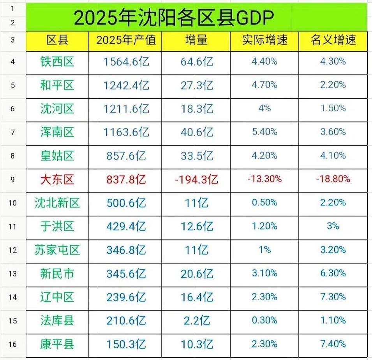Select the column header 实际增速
(264, 40)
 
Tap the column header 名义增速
(333, 40)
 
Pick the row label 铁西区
(57, 61)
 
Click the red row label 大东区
(57, 179)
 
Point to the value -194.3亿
(196, 179)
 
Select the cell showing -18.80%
(333, 179)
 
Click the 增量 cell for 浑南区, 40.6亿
(196, 132)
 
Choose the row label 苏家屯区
(57, 250)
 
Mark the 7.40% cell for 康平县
(333, 344)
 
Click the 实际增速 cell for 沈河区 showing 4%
(264, 109)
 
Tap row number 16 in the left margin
(12, 344)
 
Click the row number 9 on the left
(12, 179)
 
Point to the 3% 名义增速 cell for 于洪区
(333, 226)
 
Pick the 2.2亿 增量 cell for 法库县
(196, 320)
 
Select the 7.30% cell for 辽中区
(333, 297)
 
